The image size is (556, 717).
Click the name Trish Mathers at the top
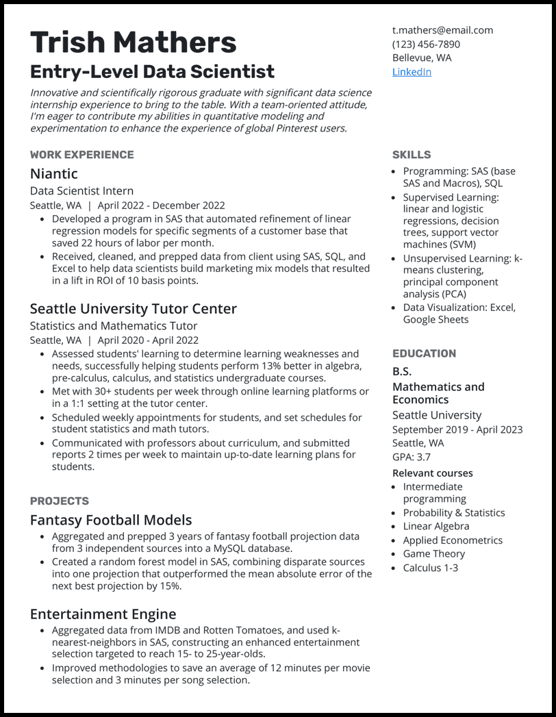(x=134, y=42)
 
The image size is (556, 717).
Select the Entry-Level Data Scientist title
(x=152, y=72)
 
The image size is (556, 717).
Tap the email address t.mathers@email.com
(x=442, y=30)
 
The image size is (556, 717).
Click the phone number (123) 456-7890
(x=426, y=44)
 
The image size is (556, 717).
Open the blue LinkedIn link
(x=412, y=72)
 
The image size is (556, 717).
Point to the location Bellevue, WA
(x=421, y=58)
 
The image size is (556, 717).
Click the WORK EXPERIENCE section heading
(x=82, y=155)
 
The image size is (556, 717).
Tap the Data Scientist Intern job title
(x=81, y=191)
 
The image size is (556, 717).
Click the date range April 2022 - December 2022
(x=161, y=205)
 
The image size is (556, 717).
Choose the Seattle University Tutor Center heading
(x=134, y=309)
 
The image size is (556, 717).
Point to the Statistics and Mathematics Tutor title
(x=114, y=326)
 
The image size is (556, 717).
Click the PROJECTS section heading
(x=60, y=501)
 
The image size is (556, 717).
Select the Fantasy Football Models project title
(x=111, y=520)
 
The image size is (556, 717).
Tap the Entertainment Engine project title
(x=103, y=614)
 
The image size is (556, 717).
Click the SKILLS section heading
(x=412, y=155)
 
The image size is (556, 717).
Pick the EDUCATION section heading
(x=424, y=354)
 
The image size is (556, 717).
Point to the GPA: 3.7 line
(x=412, y=457)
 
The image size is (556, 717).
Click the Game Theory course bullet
(x=433, y=554)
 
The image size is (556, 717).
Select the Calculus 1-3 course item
(x=430, y=568)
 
